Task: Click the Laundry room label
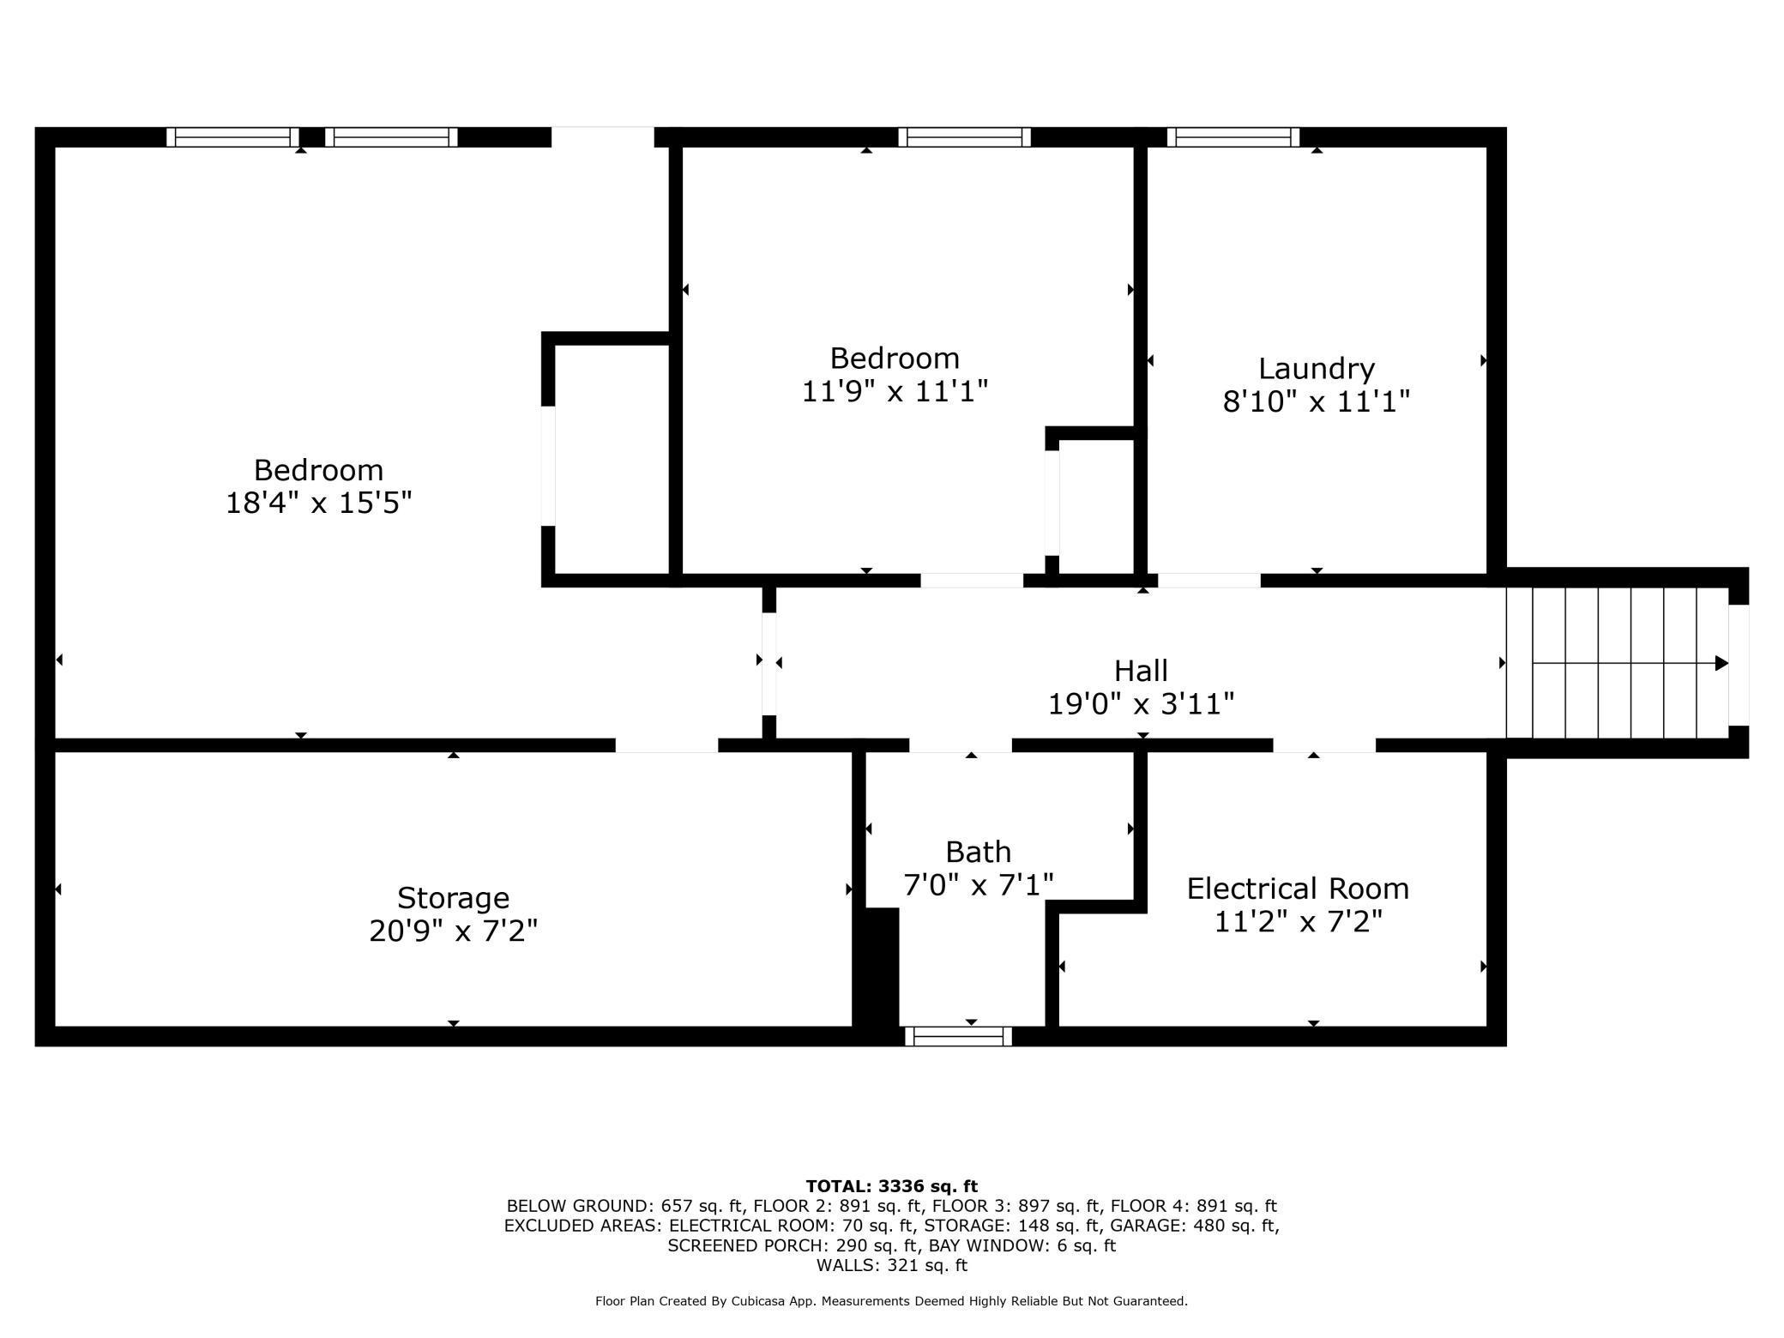pos(1317,369)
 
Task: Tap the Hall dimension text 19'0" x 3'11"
pos(1141,704)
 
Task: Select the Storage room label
pos(453,898)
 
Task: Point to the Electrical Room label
pos(1298,889)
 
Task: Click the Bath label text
pos(978,852)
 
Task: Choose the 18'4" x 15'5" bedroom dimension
pos(319,503)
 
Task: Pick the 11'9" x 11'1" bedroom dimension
pos(895,391)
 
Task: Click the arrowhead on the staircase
pos(1721,663)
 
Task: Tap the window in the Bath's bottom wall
pos(959,1036)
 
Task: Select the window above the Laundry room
pos(1233,137)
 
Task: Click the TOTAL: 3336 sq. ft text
pos(891,1186)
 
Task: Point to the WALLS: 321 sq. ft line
pos(891,1265)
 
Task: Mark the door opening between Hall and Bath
pos(961,744)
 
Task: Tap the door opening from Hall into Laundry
pos(1209,581)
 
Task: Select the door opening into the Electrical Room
pos(1324,744)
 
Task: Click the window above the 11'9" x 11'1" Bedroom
pos(965,137)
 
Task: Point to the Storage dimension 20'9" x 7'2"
pos(453,931)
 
